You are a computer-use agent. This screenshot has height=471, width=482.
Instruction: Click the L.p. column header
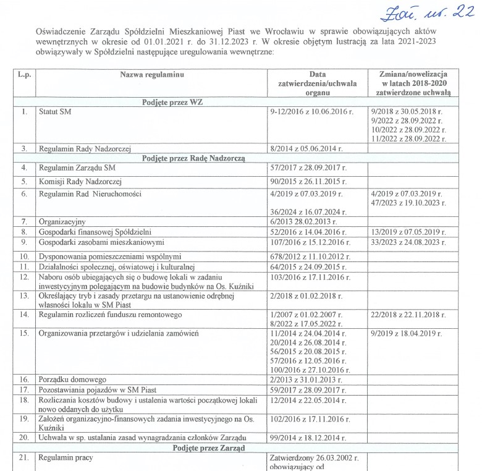[24, 74]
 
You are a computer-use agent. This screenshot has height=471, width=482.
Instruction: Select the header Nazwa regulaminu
[152, 74]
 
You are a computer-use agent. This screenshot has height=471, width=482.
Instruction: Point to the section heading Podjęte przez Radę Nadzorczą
[193, 158]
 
